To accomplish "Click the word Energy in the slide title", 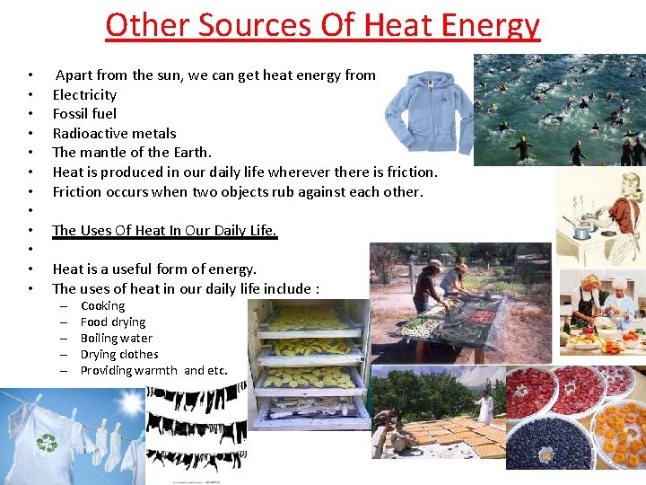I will coord(485,25).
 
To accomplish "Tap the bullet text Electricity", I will coord(84,94).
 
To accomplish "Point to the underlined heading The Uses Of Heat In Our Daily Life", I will coord(164,230).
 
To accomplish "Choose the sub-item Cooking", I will coord(102,306).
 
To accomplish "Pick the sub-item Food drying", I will coord(112,322).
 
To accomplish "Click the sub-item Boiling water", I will coord(116,339).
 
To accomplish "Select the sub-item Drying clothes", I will coord(118,355).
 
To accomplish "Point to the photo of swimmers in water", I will coord(558,110).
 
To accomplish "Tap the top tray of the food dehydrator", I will coord(310,316).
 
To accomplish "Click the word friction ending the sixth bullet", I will coord(409,172).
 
